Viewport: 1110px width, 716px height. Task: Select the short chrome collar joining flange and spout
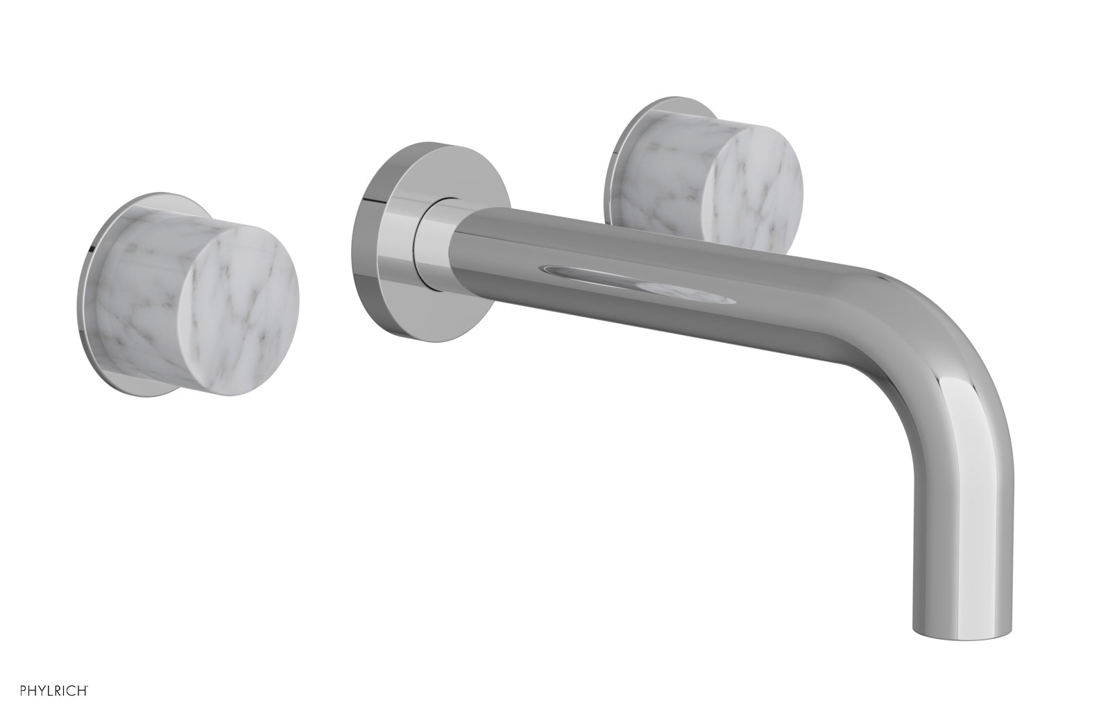[x=430, y=243]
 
